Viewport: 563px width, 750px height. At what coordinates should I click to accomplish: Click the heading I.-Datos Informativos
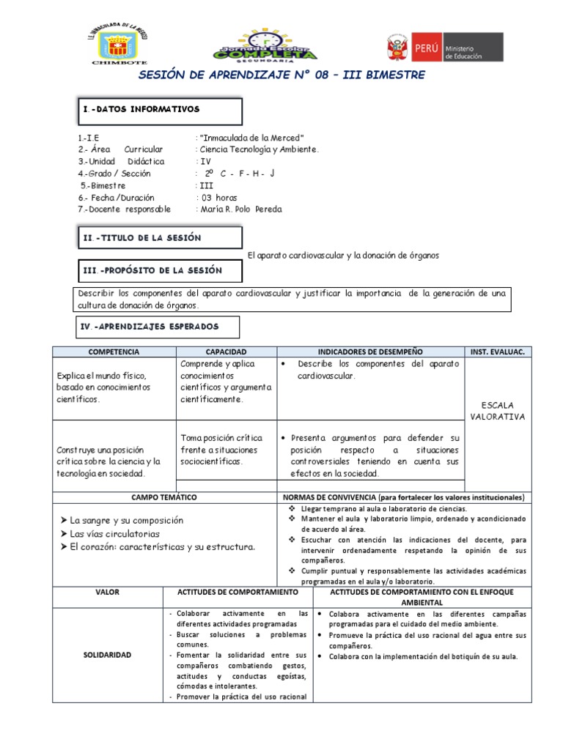point(141,109)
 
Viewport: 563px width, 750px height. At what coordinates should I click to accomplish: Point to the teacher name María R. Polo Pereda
point(240,209)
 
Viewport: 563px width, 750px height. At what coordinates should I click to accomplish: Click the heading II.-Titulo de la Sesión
point(141,238)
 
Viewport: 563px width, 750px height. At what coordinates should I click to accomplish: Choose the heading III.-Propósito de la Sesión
point(152,270)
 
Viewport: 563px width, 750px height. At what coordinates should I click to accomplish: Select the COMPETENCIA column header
point(114,352)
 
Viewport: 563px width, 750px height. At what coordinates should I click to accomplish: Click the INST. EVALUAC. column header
point(498,352)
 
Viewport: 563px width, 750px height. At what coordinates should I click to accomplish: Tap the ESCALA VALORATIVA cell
point(498,411)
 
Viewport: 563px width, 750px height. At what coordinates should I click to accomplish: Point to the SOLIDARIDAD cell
point(107,654)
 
